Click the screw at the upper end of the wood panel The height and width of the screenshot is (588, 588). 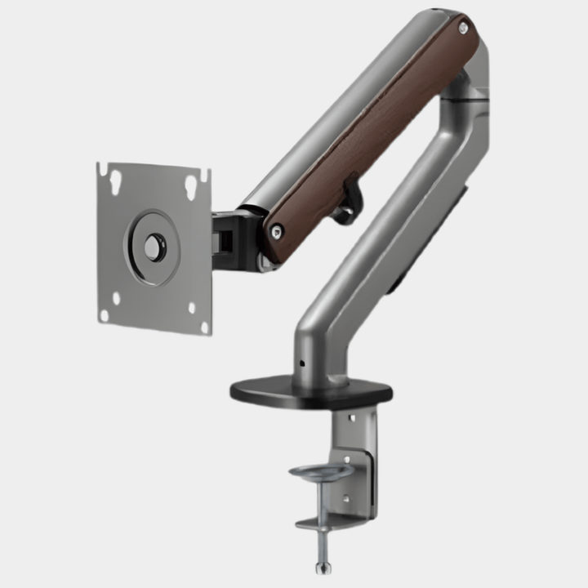pyautogui.click(x=463, y=29)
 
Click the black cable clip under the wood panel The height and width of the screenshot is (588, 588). pyautogui.click(x=350, y=200)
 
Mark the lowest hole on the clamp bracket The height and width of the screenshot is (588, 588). pyautogui.click(x=346, y=499)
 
